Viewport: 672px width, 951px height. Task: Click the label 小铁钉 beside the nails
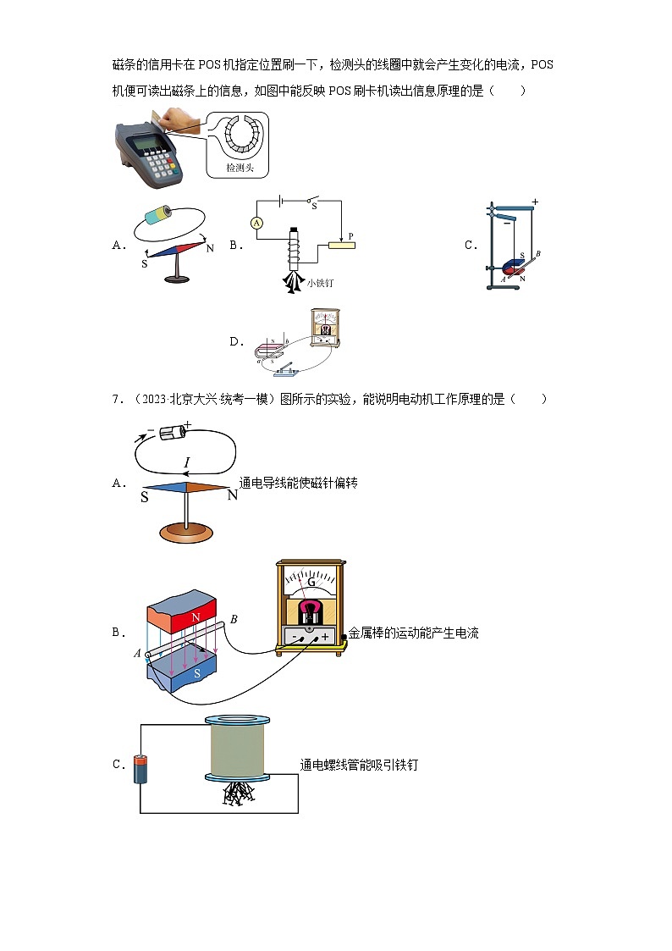[x=320, y=284]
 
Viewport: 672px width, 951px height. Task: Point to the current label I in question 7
[x=187, y=462]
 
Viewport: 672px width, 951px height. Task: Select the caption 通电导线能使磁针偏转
[x=299, y=483]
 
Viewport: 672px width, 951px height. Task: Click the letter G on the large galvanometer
[x=311, y=583]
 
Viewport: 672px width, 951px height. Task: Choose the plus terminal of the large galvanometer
[x=325, y=636]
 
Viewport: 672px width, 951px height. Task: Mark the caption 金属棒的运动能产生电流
[x=414, y=633]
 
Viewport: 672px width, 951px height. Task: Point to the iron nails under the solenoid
[x=239, y=793]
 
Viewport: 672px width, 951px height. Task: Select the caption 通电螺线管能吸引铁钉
[x=359, y=765]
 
